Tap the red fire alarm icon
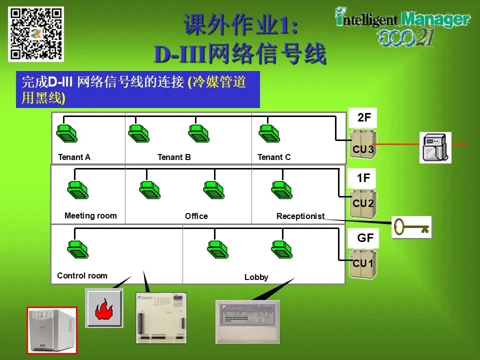[104, 308]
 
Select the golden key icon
[411, 227]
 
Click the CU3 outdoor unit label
[363, 149]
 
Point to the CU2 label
[363, 203]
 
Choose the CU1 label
[363, 263]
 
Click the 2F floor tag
[364, 118]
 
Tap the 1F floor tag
[364, 178]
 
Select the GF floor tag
[365, 238]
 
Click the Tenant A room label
[74, 157]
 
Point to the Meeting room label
[90, 216]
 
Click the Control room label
[82, 275]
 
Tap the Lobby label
[256, 277]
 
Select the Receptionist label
[300, 216]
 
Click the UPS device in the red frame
[51, 329]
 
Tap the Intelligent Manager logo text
[403, 20]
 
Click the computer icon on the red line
[435, 147]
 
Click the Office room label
[196, 216]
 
